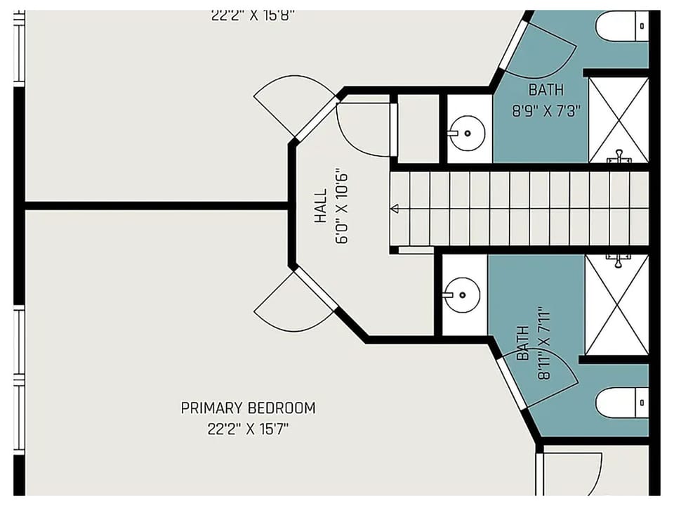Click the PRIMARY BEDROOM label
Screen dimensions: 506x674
pyautogui.click(x=248, y=408)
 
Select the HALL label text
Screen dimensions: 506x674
pyautogui.click(x=320, y=206)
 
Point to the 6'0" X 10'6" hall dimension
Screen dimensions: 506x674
pyautogui.click(x=342, y=206)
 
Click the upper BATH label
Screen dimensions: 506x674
pyautogui.click(x=546, y=90)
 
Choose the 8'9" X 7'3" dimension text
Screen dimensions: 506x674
pyautogui.click(x=546, y=111)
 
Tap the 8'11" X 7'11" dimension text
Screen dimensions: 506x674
pyautogui.click(x=543, y=343)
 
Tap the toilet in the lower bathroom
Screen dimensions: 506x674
pyautogui.click(x=621, y=403)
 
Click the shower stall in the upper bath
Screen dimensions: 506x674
pyautogui.click(x=618, y=119)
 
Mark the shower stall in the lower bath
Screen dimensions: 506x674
pyautogui.click(x=616, y=304)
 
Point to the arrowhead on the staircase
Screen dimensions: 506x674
pyautogui.click(x=395, y=208)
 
